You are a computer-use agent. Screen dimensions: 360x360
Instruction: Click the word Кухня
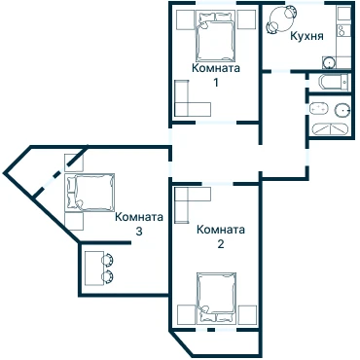(306, 36)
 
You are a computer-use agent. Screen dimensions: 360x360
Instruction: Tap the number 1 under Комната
(215, 83)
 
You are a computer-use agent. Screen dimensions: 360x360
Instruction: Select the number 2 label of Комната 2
(221, 243)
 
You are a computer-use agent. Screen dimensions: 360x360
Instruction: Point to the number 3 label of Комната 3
(139, 232)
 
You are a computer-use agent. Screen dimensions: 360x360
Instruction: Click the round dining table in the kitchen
(279, 18)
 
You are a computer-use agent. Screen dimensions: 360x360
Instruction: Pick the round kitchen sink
(329, 62)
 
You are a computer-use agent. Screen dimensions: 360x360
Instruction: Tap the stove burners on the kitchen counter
(342, 31)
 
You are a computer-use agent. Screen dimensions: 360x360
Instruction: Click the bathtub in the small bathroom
(334, 82)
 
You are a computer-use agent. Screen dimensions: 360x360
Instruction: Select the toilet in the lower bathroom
(317, 108)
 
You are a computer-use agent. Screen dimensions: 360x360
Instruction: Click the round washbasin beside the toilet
(342, 110)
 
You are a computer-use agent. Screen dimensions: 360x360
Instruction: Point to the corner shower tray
(330, 128)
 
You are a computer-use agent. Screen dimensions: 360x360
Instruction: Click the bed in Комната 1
(215, 36)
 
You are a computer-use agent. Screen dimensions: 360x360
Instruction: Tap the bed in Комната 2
(216, 298)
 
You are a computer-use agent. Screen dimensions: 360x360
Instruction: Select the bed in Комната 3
(90, 193)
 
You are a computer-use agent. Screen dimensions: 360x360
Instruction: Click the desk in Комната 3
(94, 269)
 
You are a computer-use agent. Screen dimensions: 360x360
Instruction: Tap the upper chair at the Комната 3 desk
(107, 260)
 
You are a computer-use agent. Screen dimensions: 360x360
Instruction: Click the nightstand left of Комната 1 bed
(185, 19)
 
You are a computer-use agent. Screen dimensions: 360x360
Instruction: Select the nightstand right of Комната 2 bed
(247, 314)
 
